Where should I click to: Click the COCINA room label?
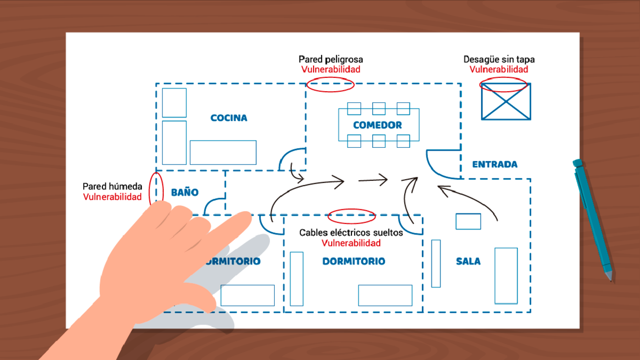click(228, 118)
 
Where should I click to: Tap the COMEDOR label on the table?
click(377, 126)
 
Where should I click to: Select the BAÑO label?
click(185, 193)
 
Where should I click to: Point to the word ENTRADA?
click(494, 164)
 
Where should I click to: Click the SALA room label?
click(468, 262)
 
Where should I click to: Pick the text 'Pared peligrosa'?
click(330, 60)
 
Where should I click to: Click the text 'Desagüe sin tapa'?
click(499, 60)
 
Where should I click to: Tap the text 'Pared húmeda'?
click(112, 187)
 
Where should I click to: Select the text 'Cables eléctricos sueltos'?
click(351, 232)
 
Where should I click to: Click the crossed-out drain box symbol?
click(506, 101)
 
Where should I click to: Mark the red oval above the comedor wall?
click(330, 84)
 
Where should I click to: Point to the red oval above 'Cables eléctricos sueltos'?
click(352, 216)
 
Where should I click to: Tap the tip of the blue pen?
click(611, 280)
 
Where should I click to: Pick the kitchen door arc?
click(291, 159)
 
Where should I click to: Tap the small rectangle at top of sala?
click(468, 222)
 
